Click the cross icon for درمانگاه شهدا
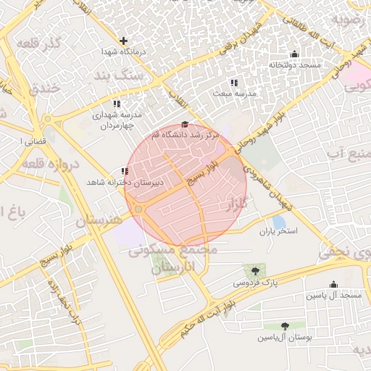[123, 41]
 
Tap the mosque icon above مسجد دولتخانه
[293, 54]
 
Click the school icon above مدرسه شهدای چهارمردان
[117, 104]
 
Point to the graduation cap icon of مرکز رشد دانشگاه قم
[184, 125]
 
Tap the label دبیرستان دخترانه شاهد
[125, 183]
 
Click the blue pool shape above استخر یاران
[279, 222]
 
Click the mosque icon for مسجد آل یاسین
[333, 285]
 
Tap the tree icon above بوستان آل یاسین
[285, 327]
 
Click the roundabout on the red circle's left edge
[138, 209]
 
